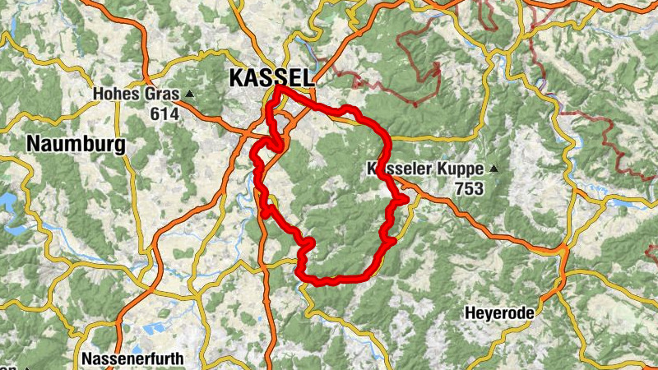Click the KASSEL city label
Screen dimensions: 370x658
coord(271,78)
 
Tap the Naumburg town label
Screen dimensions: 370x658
coord(76,145)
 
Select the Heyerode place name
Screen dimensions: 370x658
coord(501,313)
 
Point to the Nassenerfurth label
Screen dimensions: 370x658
coord(133,359)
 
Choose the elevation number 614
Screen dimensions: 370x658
coord(164,114)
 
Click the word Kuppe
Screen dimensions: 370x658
coord(461,169)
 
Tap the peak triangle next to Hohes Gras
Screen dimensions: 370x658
coord(191,94)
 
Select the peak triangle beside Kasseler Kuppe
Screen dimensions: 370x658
coord(493,169)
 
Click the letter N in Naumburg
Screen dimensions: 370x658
coord(34,145)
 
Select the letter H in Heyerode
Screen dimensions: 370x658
coord(470,313)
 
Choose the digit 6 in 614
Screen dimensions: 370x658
coord(155,114)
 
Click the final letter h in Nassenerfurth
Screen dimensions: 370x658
coord(180,359)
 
